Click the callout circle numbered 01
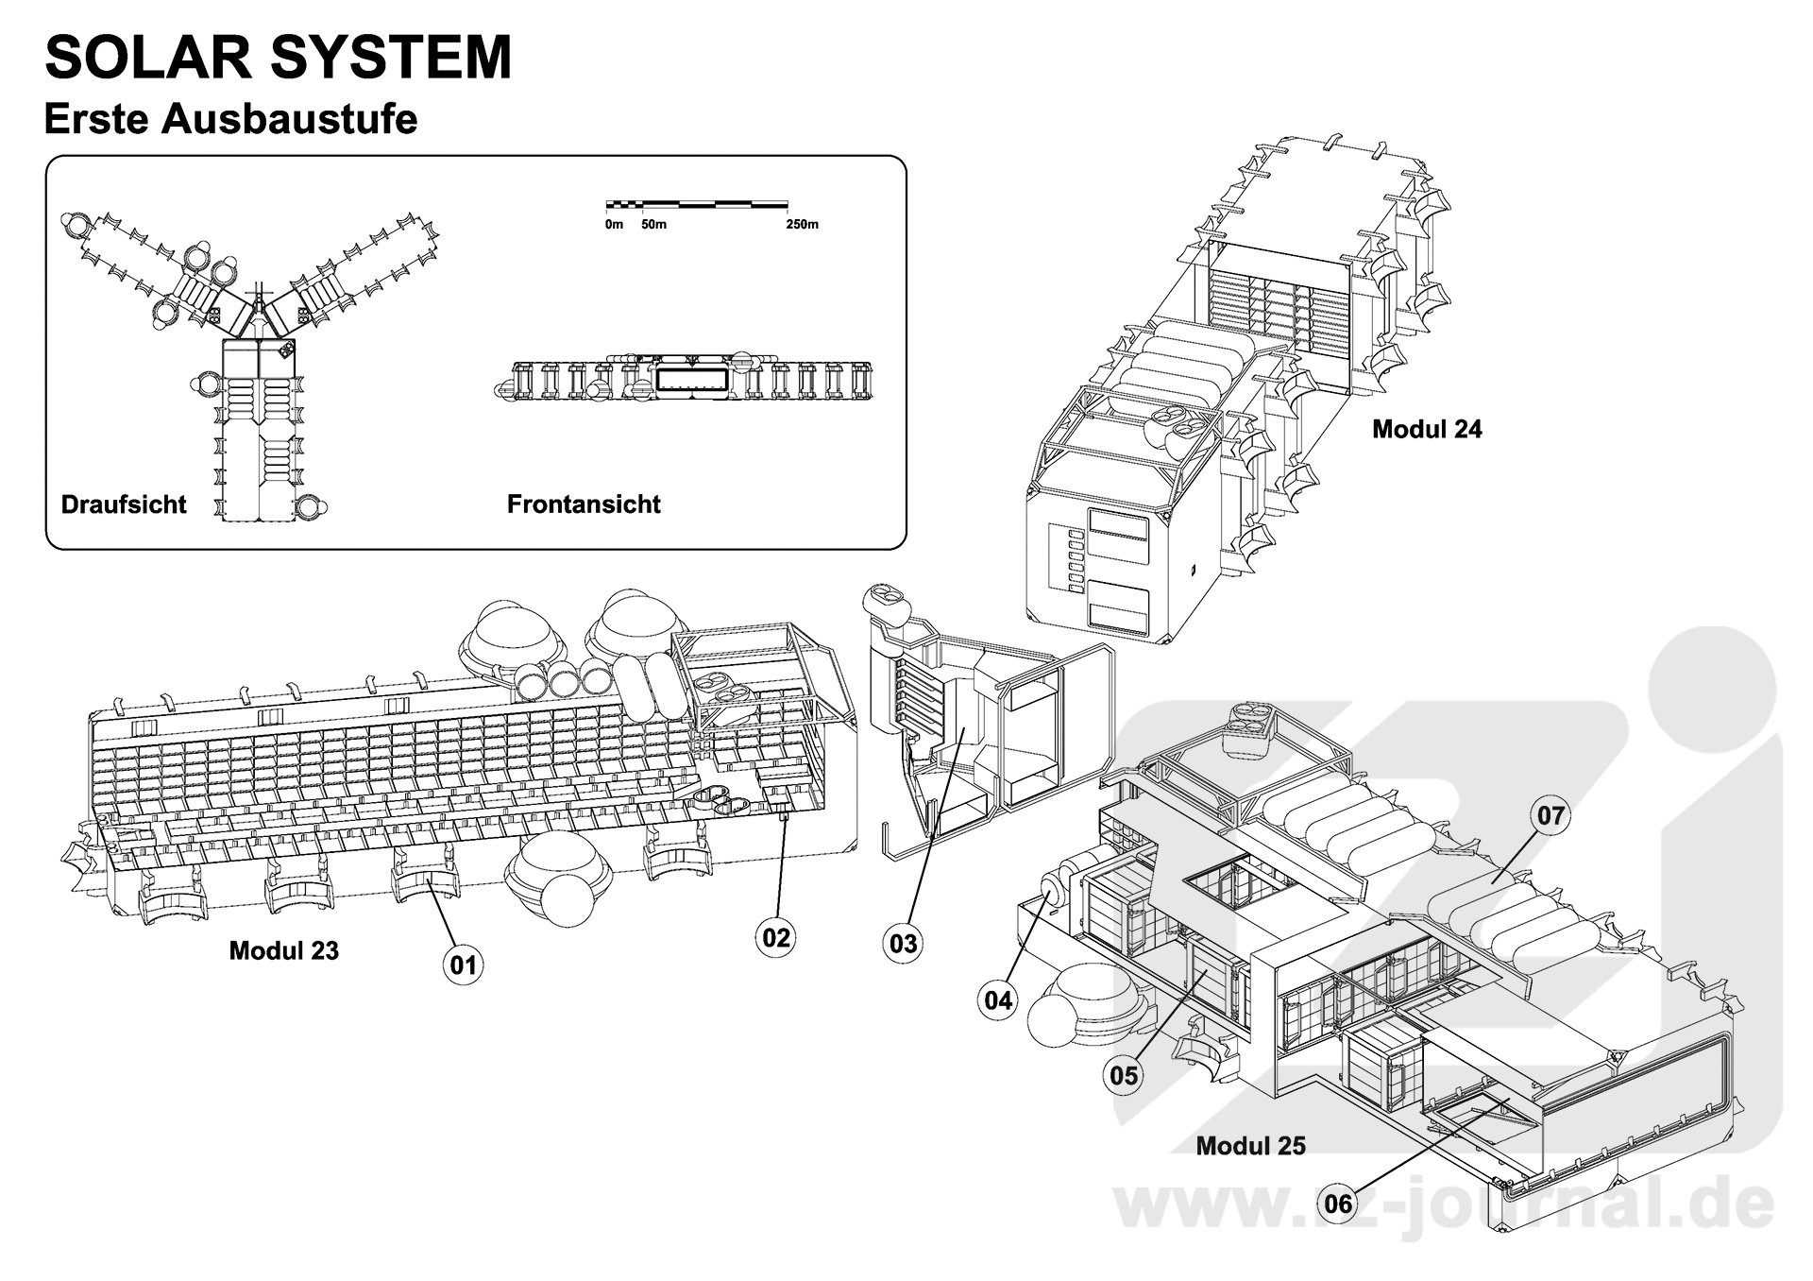click(463, 965)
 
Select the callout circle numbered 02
click(775, 937)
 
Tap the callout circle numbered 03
click(904, 943)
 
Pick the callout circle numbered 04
click(998, 999)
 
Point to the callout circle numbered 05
click(1124, 1075)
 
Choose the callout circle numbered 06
click(1338, 1204)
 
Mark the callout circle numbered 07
click(1550, 815)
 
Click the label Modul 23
click(283, 950)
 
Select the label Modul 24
click(1426, 429)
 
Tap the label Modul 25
click(1250, 1146)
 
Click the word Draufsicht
click(124, 504)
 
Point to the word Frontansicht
click(584, 504)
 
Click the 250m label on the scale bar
click(802, 225)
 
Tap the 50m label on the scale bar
click(653, 225)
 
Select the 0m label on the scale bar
click(614, 225)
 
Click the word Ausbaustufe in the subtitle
click(289, 120)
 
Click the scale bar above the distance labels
click(697, 203)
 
